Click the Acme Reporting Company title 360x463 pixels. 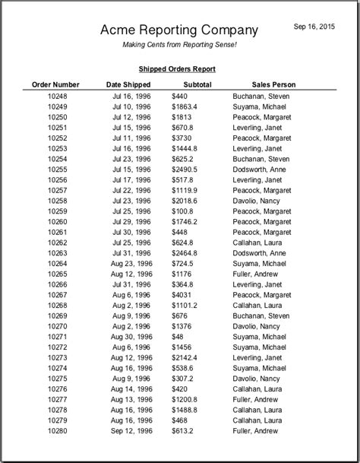tap(179, 30)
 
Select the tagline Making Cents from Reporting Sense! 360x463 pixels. tap(180, 46)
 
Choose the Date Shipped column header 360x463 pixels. tap(128, 84)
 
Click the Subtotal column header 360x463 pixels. tap(197, 84)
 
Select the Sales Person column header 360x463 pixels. tap(274, 84)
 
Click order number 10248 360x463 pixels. tap(57, 97)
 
